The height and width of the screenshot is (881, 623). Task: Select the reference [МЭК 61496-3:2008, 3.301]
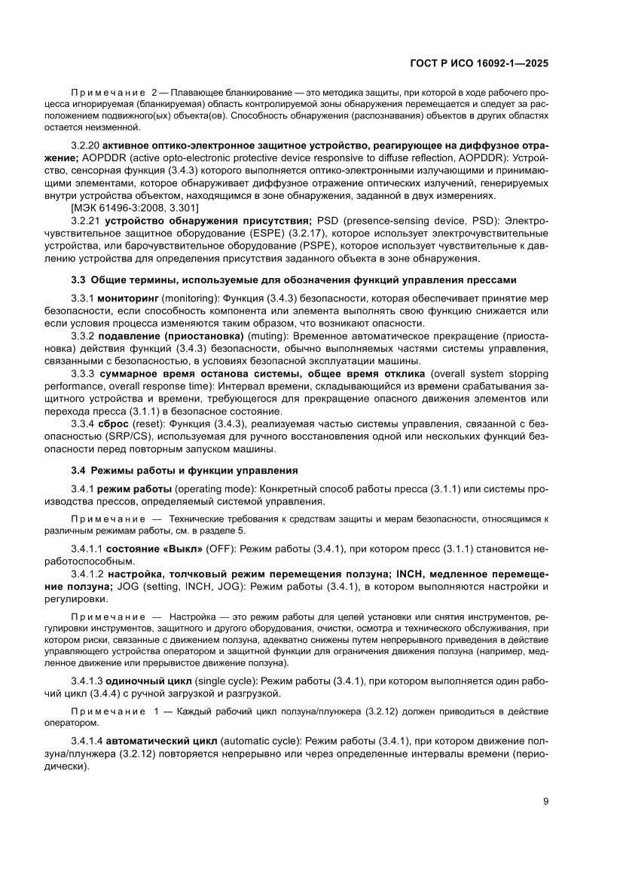135,208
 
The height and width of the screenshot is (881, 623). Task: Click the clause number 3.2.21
86,221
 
